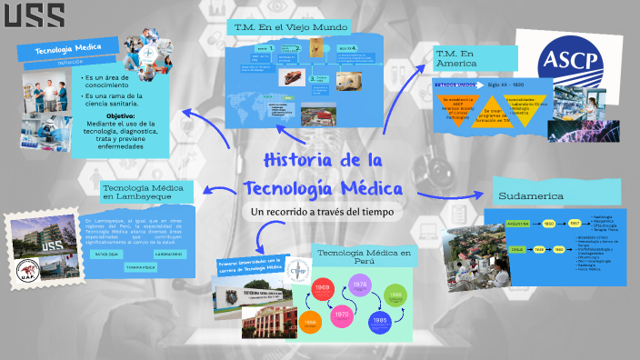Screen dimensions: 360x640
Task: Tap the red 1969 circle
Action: click(x=322, y=288)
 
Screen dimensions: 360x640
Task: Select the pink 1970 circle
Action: click(x=342, y=315)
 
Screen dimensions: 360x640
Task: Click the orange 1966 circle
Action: click(x=309, y=322)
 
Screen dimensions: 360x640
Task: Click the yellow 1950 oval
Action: click(x=549, y=222)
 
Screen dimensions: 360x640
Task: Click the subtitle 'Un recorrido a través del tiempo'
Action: click(x=323, y=212)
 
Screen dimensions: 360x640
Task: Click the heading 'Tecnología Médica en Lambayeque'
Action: click(x=147, y=191)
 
